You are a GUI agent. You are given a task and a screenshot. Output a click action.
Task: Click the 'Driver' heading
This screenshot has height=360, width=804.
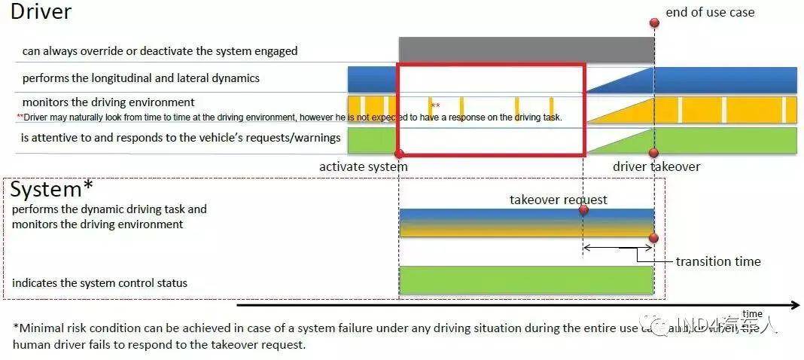tap(41, 12)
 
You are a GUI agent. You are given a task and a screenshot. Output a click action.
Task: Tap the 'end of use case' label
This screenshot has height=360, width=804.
tap(709, 12)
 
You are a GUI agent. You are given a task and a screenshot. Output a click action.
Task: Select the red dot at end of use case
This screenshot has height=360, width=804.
tap(654, 23)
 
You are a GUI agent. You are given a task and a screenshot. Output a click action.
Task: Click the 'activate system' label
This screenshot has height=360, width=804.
tap(363, 166)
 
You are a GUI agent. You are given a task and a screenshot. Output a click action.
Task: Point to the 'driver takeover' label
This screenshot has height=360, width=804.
tap(656, 166)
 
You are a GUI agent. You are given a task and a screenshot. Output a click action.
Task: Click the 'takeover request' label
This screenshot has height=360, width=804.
tap(558, 200)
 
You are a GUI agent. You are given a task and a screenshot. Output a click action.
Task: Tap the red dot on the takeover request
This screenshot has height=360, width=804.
tap(583, 209)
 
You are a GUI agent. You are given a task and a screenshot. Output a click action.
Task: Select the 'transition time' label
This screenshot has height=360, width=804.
tap(717, 261)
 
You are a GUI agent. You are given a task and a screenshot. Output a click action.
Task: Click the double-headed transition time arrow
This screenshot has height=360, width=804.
tap(618, 246)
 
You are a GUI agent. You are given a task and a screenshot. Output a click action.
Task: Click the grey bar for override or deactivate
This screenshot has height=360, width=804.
tap(526, 50)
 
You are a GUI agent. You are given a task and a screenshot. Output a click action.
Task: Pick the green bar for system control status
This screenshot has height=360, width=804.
tap(525, 279)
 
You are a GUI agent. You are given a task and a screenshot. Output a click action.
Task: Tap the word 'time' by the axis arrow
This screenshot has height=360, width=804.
tap(752, 314)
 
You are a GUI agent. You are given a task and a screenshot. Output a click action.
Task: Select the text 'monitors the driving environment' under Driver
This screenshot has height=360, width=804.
tap(108, 102)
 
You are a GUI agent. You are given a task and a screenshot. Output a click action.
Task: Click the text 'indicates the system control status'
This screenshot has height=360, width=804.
tap(99, 283)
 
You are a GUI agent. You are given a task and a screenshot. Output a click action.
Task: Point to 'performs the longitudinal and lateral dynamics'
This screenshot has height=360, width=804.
tap(141, 78)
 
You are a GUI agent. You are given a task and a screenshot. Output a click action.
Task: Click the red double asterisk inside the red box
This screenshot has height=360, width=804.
tap(436, 106)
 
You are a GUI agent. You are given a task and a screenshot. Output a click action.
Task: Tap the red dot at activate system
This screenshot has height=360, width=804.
tap(399, 154)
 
